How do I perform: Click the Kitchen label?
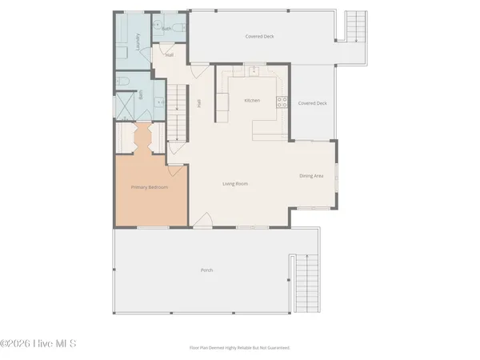[x=252, y=100]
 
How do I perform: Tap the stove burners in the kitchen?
[x=282, y=101]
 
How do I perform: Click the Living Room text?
[x=235, y=184]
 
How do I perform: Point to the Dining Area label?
[x=311, y=176]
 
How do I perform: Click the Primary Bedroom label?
[x=150, y=187]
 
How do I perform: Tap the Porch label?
[x=206, y=270]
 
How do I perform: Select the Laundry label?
[x=138, y=41]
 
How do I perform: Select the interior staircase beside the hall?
[x=178, y=112]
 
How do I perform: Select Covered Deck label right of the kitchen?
[x=312, y=103]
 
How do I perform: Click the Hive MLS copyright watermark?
[x=38, y=345]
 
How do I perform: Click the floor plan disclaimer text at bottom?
[x=239, y=348]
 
